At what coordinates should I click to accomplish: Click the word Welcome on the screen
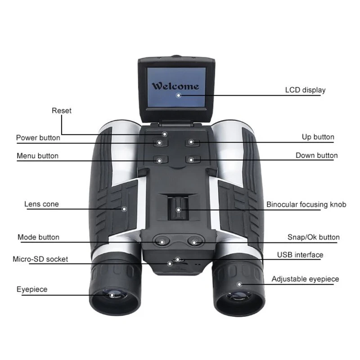175,86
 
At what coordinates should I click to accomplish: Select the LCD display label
305,90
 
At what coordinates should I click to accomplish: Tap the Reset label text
62,111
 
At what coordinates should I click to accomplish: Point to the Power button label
38,138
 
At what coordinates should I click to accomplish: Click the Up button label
318,137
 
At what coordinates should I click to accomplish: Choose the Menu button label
37,156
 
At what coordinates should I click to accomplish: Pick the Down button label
316,156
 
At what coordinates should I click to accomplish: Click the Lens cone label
41,204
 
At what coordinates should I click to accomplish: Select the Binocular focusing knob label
306,205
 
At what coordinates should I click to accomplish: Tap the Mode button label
38,237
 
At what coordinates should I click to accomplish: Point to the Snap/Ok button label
313,237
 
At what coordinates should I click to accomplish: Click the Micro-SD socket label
40,259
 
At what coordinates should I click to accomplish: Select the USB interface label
300,255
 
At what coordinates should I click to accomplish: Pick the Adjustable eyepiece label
305,279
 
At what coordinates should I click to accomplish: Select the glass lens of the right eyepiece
238,297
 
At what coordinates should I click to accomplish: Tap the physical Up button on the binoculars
191,142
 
